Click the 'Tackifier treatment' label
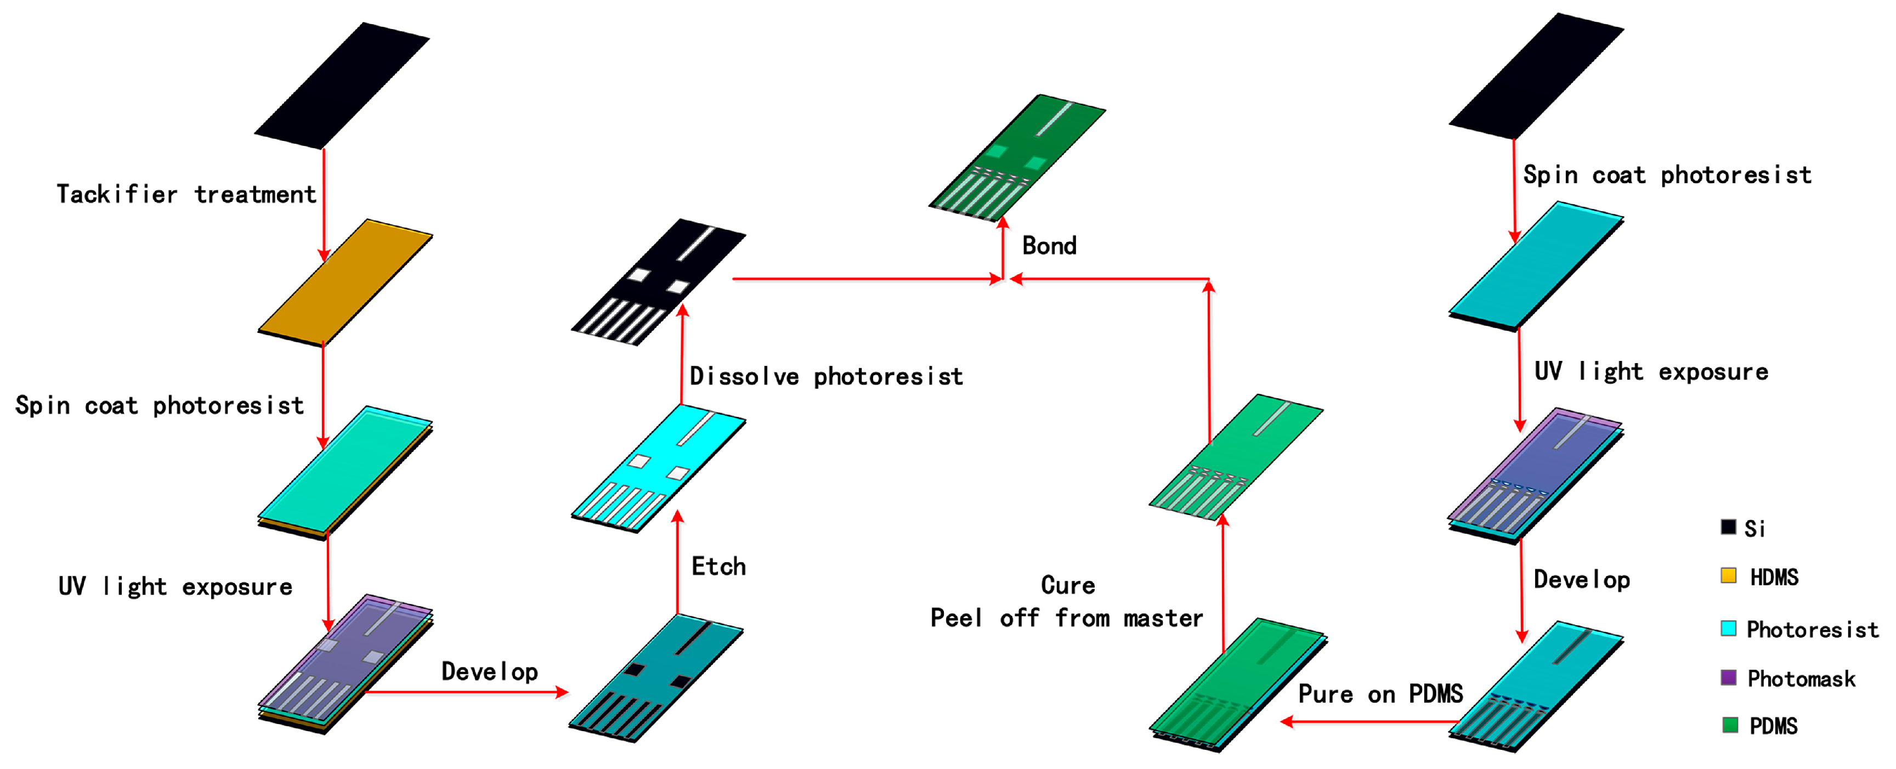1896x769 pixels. (186, 194)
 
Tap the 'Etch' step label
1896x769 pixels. (718, 566)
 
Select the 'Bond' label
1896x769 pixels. (1049, 245)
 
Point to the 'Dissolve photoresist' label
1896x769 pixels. (826, 376)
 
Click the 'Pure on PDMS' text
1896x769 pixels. (1380, 694)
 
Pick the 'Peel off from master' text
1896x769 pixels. (1067, 618)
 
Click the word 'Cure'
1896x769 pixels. (1067, 585)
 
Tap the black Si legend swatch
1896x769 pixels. (1728, 527)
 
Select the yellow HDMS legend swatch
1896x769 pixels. (1728, 575)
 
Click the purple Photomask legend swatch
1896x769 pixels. (1728, 677)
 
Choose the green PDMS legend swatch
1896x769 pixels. (1730, 725)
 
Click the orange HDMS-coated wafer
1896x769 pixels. (344, 282)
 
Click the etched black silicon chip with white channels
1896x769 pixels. (659, 281)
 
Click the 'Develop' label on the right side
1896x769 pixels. (1581, 580)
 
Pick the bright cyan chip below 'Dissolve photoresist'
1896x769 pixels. (659, 468)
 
